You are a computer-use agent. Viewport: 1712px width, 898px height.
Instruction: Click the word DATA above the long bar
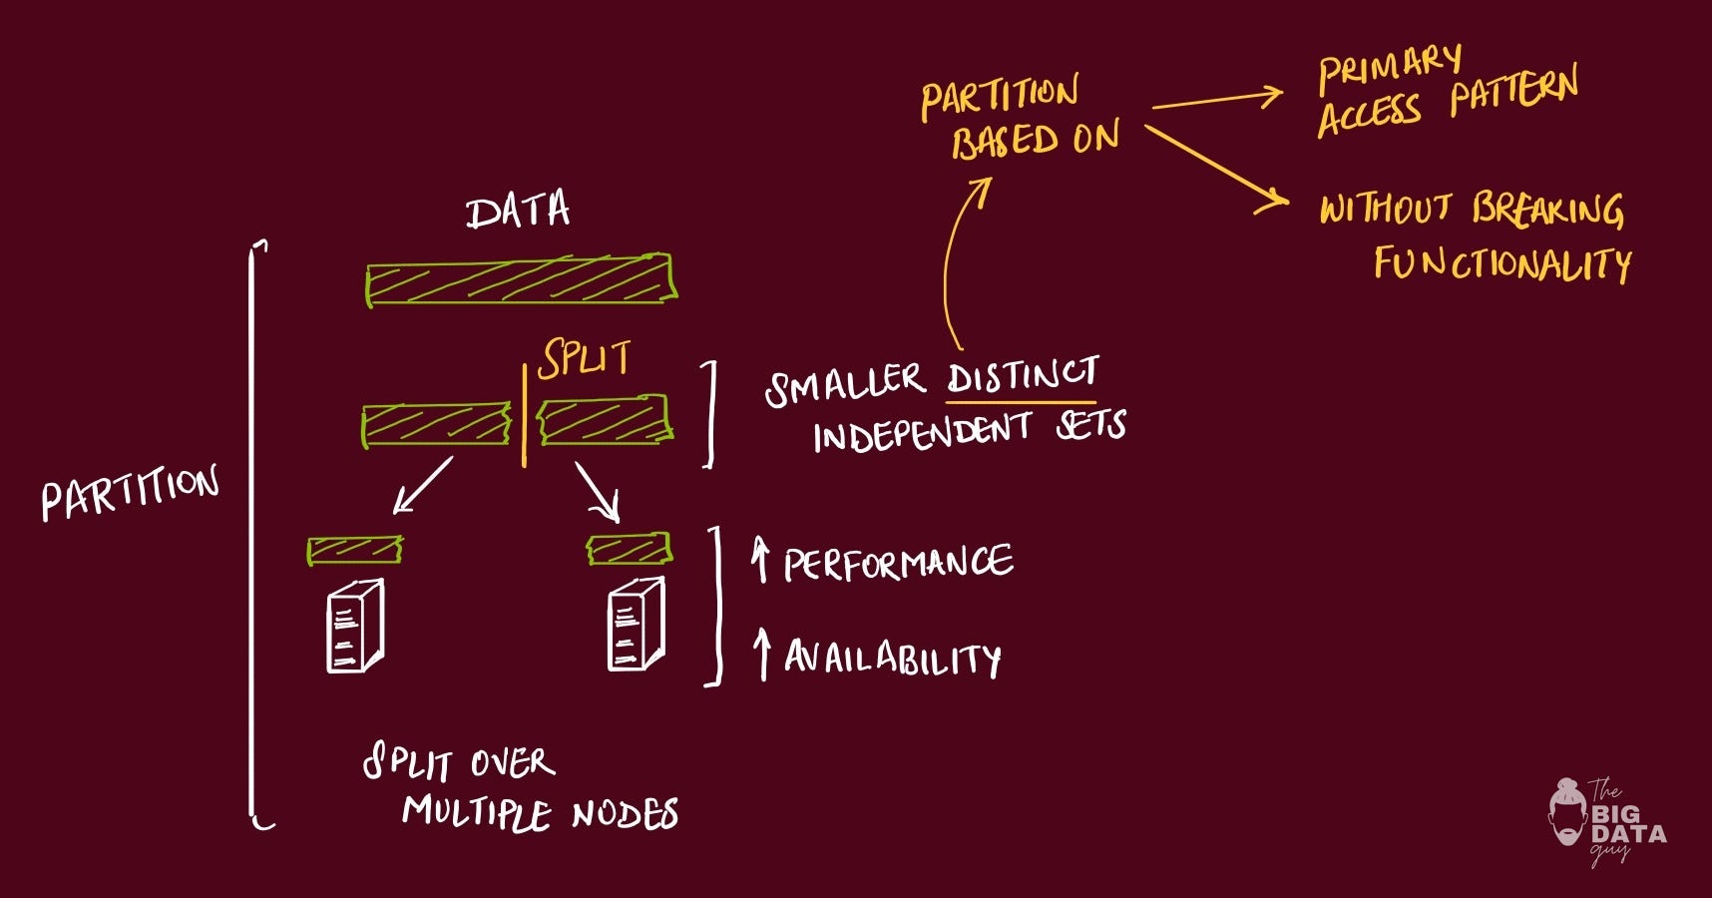coord(518,211)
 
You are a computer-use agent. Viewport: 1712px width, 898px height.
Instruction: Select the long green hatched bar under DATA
coord(520,280)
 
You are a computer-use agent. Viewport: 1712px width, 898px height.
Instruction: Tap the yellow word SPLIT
coord(585,358)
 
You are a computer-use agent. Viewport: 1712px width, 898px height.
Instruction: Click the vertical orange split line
coord(524,417)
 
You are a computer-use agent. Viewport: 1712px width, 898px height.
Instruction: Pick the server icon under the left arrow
coord(355,627)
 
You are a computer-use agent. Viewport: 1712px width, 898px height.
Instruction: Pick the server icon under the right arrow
coord(636,626)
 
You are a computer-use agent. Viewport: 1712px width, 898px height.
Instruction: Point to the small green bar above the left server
coord(355,550)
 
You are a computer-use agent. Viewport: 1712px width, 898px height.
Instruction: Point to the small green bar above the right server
coord(629,548)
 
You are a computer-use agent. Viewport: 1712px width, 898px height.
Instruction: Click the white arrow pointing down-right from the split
coord(598,492)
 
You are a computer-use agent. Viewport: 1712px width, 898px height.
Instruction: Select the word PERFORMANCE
coord(898,564)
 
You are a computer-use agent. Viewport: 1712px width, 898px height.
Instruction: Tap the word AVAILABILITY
coord(892,658)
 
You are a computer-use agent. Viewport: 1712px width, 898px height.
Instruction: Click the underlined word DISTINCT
coord(1022,376)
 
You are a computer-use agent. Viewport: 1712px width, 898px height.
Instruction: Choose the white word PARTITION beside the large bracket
coord(130,492)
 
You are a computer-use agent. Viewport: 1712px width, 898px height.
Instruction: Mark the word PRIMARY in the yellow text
coord(1390,67)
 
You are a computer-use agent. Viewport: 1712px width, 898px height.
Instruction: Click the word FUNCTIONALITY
coord(1501,264)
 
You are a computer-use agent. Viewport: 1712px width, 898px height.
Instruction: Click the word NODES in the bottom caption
coord(626,814)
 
